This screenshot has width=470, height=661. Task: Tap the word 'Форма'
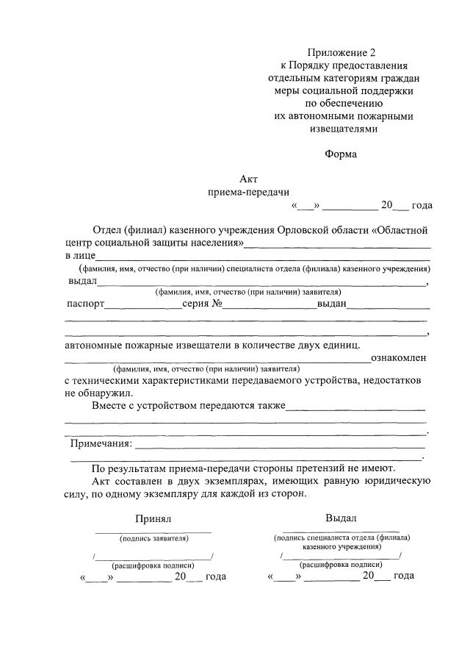coord(341,154)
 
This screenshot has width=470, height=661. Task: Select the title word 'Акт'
coord(249,179)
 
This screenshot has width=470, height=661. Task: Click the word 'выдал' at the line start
coord(82,281)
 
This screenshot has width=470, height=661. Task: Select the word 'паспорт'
coord(85,304)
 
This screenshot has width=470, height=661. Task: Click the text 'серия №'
coord(202,304)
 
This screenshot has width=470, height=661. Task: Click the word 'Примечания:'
coord(101,443)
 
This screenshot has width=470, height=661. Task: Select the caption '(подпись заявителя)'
coord(153,538)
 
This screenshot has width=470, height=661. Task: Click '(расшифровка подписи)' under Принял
coord(153,565)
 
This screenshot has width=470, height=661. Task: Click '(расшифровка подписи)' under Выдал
coord(341,565)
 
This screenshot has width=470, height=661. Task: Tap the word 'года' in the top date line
coord(422,205)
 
